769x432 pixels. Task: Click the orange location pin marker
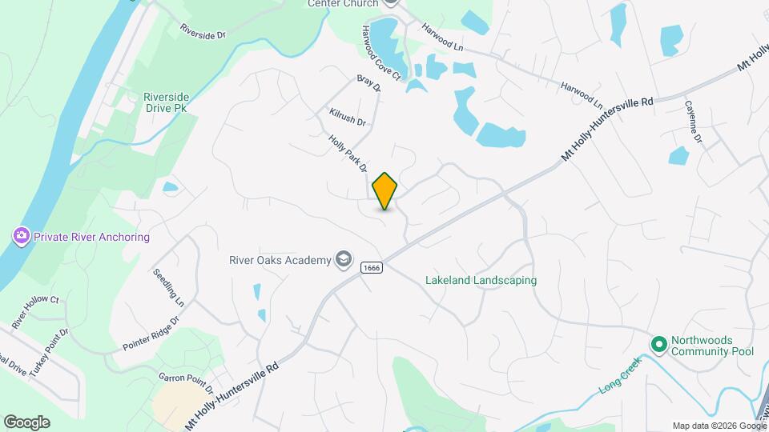click(x=385, y=191)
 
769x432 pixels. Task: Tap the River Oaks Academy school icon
click(x=343, y=259)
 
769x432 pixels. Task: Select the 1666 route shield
click(x=370, y=267)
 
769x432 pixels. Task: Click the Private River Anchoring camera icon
click(x=21, y=237)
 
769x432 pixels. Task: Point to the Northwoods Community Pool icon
click(x=659, y=344)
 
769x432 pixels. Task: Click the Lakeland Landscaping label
click(x=481, y=281)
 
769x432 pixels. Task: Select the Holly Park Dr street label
click(x=348, y=154)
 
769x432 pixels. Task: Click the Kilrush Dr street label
click(x=347, y=118)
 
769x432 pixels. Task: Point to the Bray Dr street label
click(x=368, y=85)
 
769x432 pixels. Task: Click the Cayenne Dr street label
click(x=693, y=122)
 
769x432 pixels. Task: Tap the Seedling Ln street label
click(x=169, y=287)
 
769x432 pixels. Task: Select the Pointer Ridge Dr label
click(x=150, y=334)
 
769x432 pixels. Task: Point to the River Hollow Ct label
click(x=36, y=312)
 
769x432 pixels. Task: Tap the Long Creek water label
click(x=621, y=379)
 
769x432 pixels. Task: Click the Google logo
click(x=26, y=422)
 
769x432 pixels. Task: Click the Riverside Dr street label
click(x=203, y=31)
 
